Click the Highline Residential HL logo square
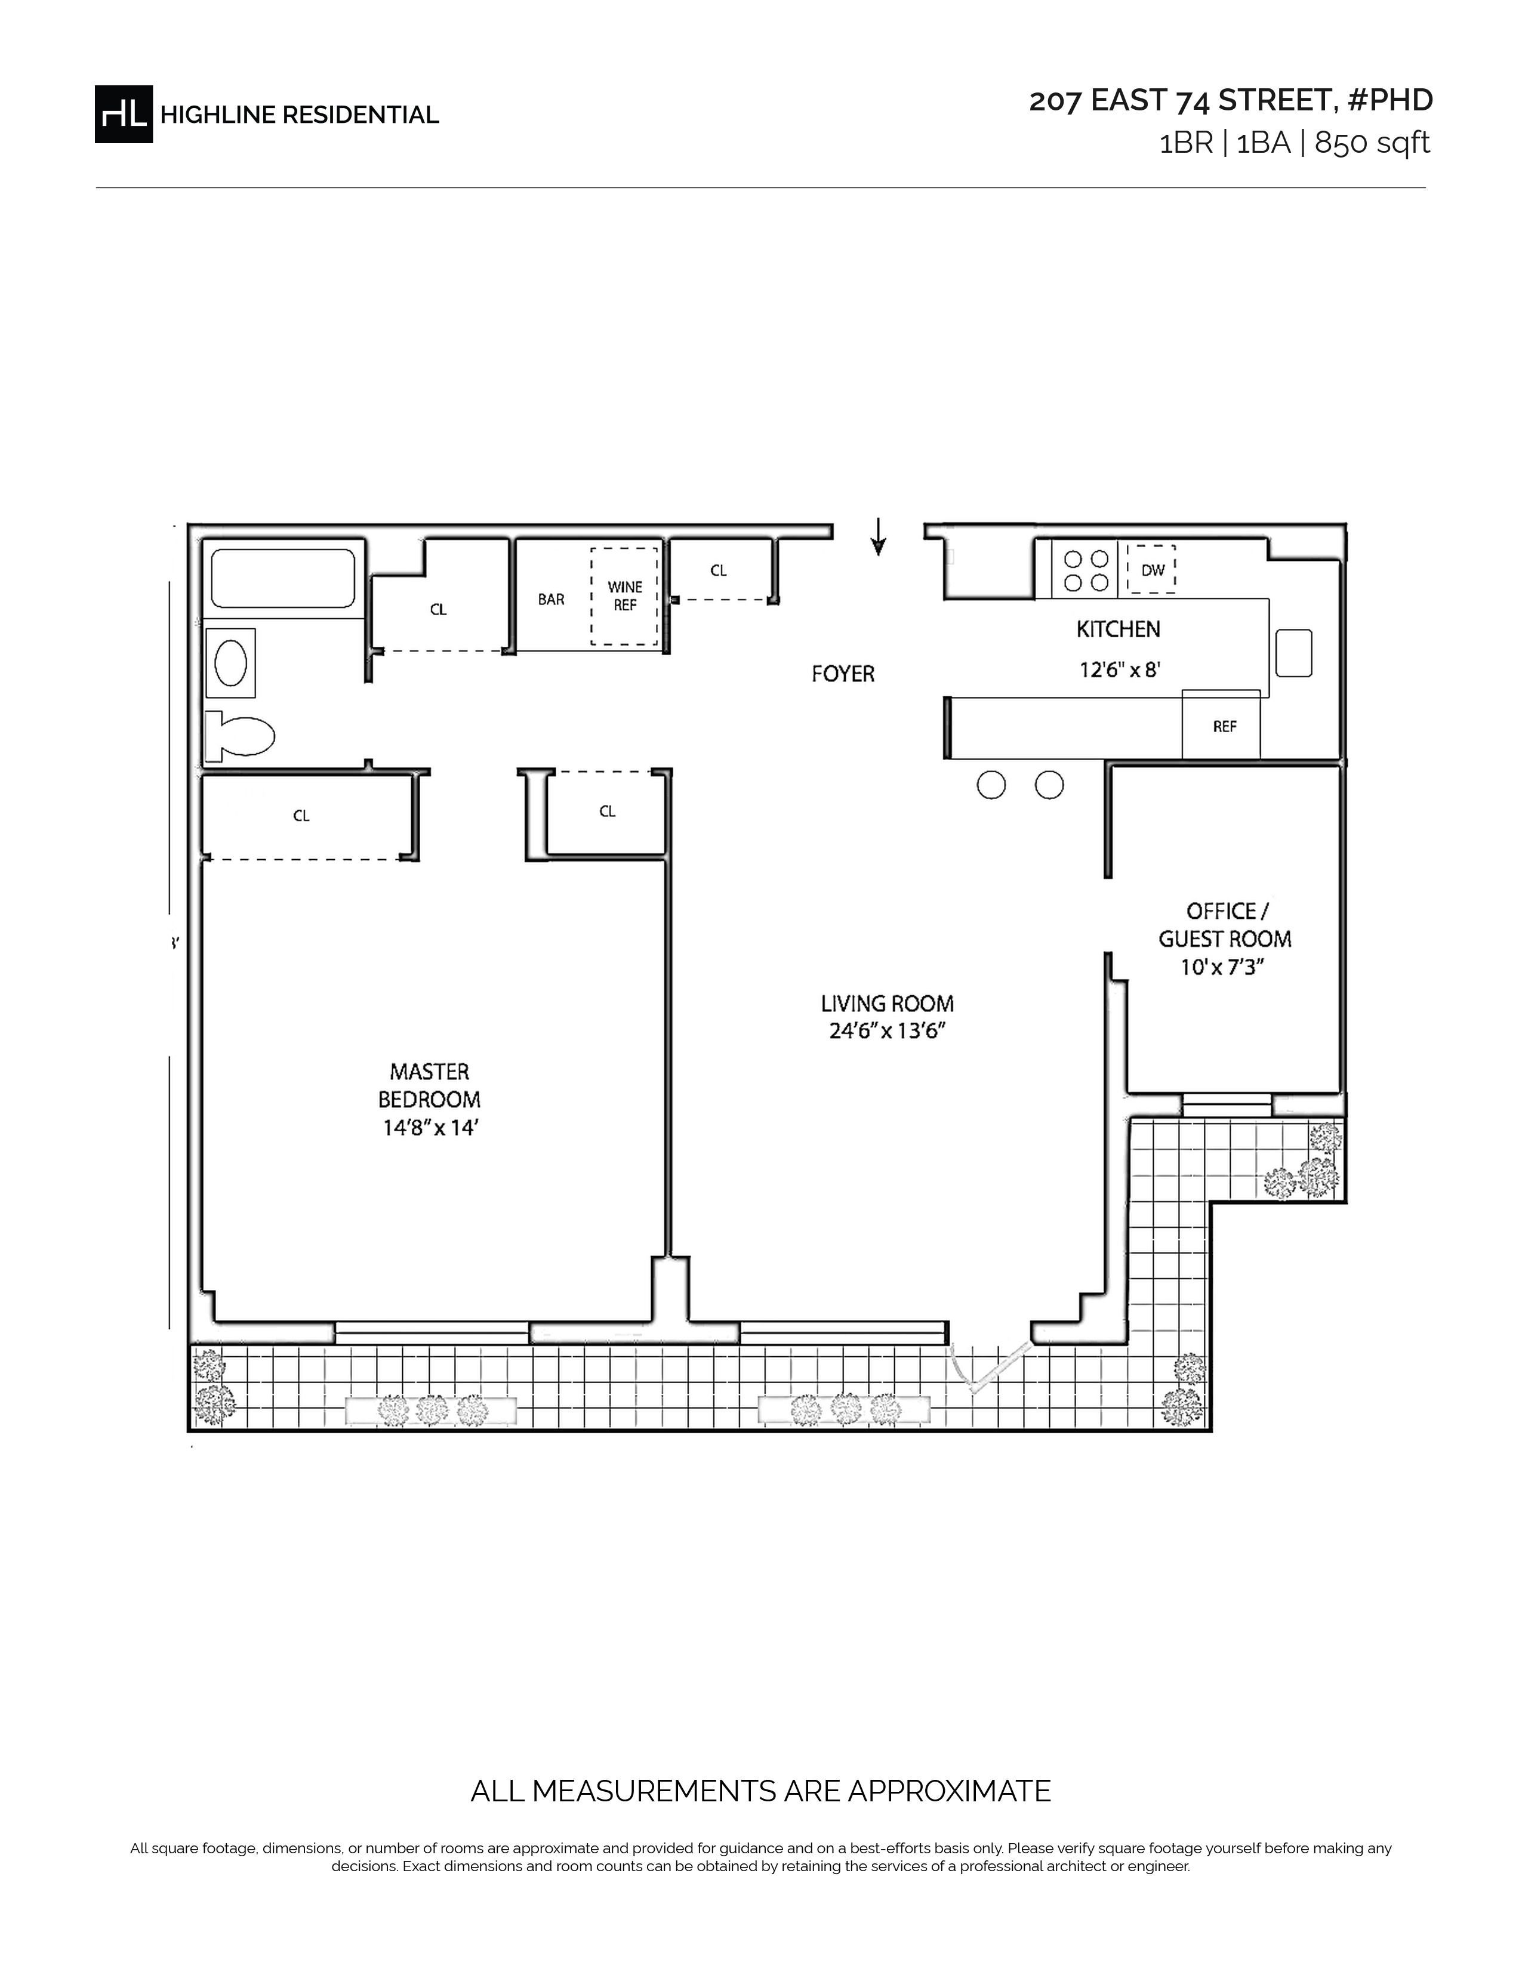(x=124, y=115)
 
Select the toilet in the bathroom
(x=239, y=736)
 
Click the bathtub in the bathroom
(x=283, y=578)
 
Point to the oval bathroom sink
(x=232, y=663)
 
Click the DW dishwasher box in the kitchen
(x=1151, y=569)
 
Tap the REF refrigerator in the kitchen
(x=1222, y=725)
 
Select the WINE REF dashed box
(x=624, y=596)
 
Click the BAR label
(x=551, y=600)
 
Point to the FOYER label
(x=843, y=674)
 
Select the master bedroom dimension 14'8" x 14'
(x=429, y=1127)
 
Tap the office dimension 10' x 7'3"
(x=1224, y=967)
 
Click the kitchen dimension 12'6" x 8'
(x=1119, y=670)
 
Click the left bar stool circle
(x=991, y=785)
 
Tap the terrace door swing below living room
(x=990, y=1367)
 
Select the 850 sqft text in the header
(x=1372, y=143)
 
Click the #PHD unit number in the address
(x=1390, y=100)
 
